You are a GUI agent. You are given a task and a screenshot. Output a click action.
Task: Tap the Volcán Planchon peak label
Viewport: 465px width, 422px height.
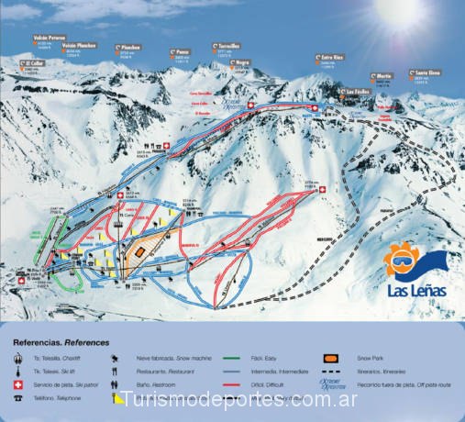(79, 43)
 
